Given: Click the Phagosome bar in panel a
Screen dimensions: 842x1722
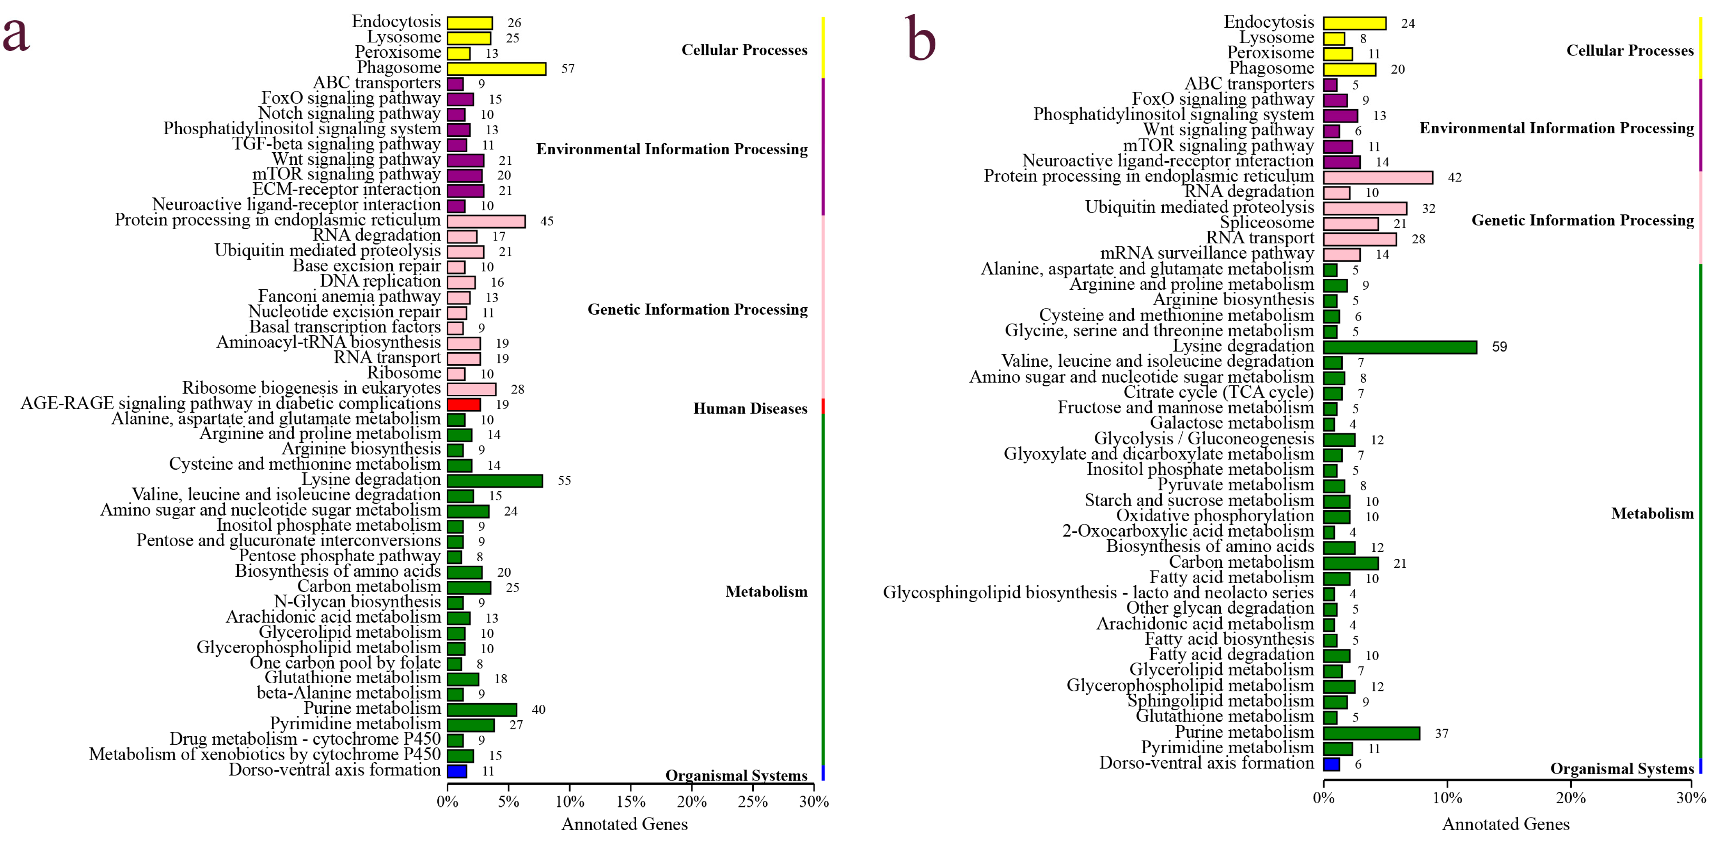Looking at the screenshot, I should click(496, 69).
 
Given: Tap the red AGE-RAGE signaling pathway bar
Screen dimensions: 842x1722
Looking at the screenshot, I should click(463, 405).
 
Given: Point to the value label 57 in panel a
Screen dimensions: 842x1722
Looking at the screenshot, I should click(567, 69).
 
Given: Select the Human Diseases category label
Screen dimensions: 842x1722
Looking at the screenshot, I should click(750, 409).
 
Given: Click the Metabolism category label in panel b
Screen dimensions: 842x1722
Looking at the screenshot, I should click(1652, 514).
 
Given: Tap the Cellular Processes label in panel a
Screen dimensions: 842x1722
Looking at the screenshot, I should click(744, 50).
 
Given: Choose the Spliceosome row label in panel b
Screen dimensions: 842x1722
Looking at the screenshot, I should click(1266, 223).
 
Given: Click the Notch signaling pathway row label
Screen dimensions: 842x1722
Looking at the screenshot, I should click(349, 114).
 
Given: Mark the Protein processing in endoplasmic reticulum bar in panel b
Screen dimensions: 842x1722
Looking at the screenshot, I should click(1378, 177).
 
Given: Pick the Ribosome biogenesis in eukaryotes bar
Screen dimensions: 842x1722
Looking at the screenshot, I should click(471, 389).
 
